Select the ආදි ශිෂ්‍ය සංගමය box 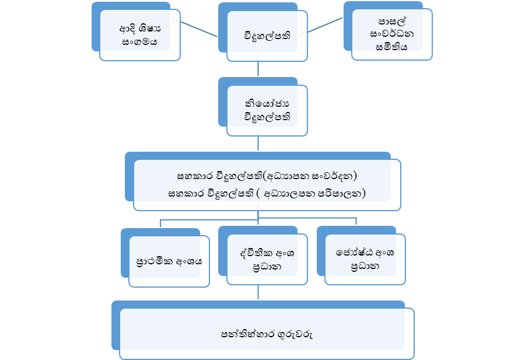[140, 36]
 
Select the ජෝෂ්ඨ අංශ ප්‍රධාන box [365, 259]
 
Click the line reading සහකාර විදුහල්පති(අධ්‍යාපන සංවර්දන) [266, 175]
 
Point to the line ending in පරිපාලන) [266, 193]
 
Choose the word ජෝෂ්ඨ [352, 253]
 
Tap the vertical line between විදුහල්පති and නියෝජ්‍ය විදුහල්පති [257, 69]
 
